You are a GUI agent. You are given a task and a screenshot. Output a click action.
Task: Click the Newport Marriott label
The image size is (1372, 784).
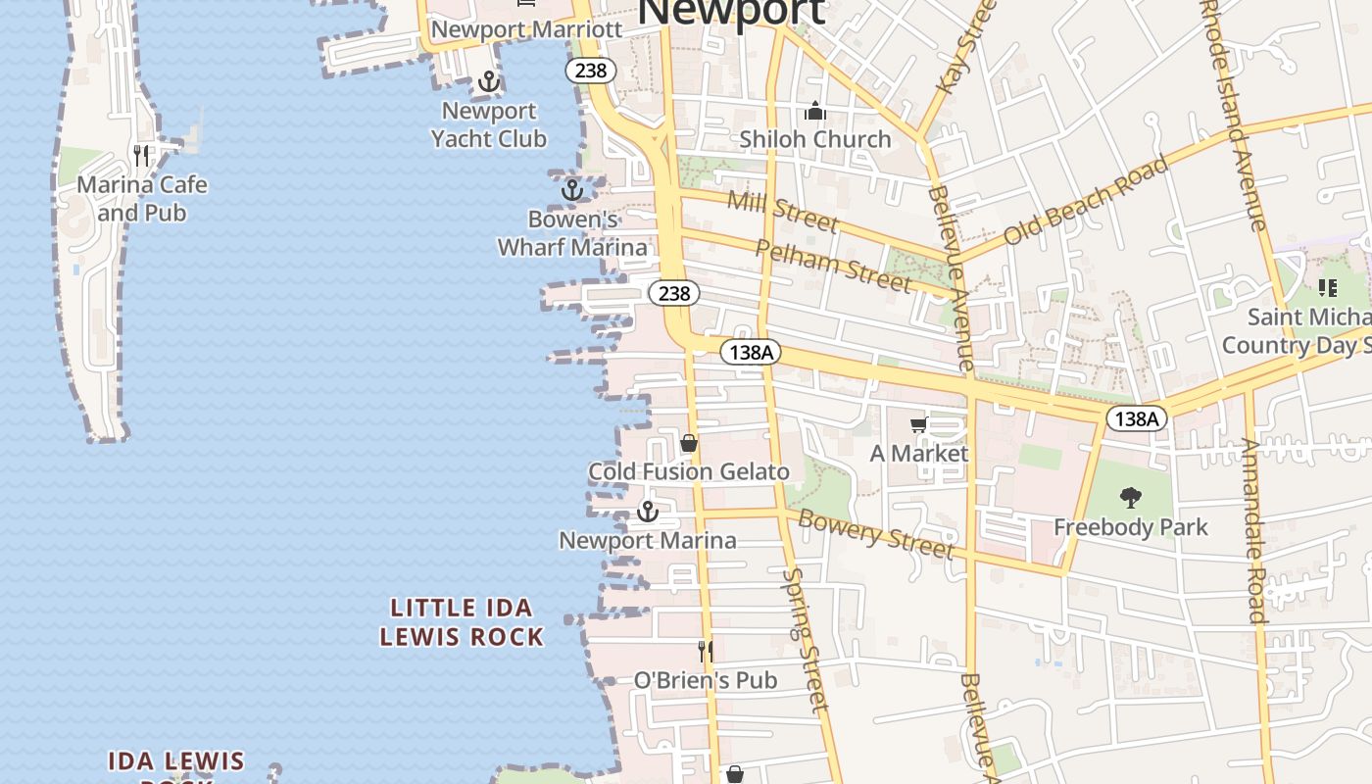[x=526, y=29]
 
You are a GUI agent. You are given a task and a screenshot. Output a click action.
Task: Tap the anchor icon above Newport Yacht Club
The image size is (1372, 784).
[x=489, y=81]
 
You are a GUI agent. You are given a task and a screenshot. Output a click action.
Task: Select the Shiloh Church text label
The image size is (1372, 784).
[x=815, y=139]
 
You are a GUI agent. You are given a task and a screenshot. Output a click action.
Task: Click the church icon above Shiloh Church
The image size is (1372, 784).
[x=815, y=112]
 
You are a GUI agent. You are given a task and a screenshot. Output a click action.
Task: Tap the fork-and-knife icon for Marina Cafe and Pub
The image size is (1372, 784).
[x=142, y=155]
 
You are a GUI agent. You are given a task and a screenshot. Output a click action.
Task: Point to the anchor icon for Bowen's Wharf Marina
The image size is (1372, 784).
[x=572, y=188]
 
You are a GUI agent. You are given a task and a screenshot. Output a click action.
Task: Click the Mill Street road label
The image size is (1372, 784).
[x=782, y=212]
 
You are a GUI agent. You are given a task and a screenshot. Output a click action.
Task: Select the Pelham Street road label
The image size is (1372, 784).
[x=833, y=265]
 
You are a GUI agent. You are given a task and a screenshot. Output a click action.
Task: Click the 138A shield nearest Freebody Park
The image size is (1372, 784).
[x=1137, y=418]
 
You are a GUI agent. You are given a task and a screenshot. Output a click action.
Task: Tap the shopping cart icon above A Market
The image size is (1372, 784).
[x=918, y=424]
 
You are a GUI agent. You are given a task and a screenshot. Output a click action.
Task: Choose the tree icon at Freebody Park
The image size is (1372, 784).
[x=1131, y=498]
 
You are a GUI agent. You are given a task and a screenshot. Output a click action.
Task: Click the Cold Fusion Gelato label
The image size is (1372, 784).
[x=688, y=471]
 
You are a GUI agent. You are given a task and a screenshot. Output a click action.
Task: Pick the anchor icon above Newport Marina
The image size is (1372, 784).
[x=647, y=512]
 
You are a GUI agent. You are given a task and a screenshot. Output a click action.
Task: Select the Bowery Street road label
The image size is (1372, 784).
[x=875, y=534]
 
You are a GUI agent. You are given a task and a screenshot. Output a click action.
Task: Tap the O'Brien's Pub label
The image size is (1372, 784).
[x=705, y=680]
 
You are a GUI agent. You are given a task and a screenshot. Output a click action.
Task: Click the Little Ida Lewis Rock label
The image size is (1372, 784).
[x=461, y=622]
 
